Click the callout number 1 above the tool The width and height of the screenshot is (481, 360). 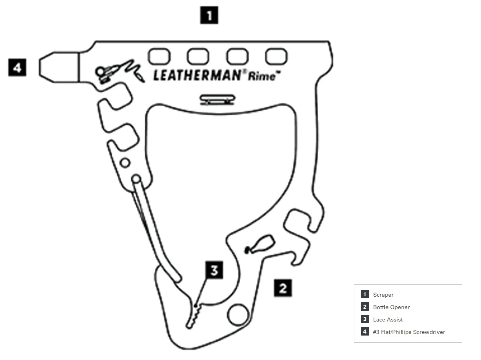coord(209,16)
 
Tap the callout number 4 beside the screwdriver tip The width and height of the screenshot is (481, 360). coord(17,67)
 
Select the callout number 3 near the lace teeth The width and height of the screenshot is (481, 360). coord(214,270)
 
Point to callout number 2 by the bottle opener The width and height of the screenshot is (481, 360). coord(283,288)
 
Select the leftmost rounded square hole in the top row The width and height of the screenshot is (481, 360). coord(159,56)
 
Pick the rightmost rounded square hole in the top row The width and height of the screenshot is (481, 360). coord(277,57)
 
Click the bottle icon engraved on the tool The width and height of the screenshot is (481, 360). coord(260,244)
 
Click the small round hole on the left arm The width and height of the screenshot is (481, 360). coord(125,163)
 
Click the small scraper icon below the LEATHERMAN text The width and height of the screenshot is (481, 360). coord(217,99)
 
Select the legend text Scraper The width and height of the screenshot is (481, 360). coord(383,295)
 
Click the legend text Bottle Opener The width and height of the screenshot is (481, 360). coord(391,307)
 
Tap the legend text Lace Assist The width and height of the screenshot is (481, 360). coord(388,320)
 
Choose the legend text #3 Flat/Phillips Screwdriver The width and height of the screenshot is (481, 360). coord(409,332)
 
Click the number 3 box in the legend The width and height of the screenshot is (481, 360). coord(365,320)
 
